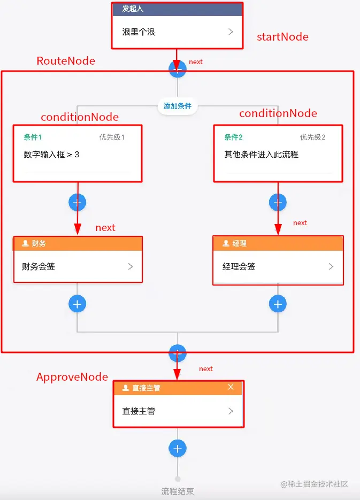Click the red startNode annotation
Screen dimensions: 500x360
[282, 37]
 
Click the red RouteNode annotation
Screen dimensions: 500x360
[66, 61]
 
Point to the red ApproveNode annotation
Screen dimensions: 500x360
[72, 377]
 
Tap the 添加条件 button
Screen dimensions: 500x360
[178, 106]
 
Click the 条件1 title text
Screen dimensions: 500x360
[33, 137]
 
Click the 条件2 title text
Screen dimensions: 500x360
[233, 137]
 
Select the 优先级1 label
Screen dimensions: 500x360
[112, 137]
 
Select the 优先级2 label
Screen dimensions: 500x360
[312, 137]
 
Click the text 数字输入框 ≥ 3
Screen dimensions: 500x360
[51, 155]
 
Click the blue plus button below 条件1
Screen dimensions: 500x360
[77, 202]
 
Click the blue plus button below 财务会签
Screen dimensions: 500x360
[77, 304]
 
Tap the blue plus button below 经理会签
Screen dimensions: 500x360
[277, 304]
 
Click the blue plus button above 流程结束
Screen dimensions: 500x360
[178, 448]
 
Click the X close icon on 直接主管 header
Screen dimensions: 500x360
[231, 387]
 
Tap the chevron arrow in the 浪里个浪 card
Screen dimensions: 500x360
[231, 32]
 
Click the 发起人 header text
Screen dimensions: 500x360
[133, 9]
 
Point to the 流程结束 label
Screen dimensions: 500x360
[178, 491]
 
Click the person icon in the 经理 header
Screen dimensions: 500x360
[225, 243]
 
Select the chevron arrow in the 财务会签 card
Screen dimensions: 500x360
[131, 266]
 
